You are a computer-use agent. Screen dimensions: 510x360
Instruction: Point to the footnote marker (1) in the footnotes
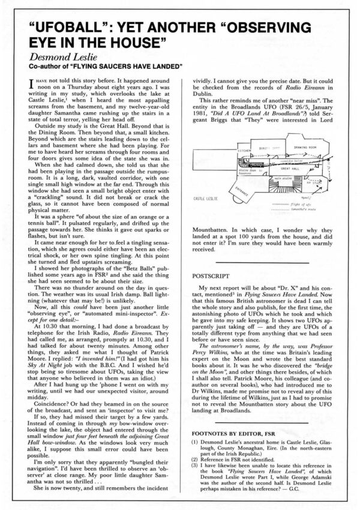[x=195, y=442]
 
